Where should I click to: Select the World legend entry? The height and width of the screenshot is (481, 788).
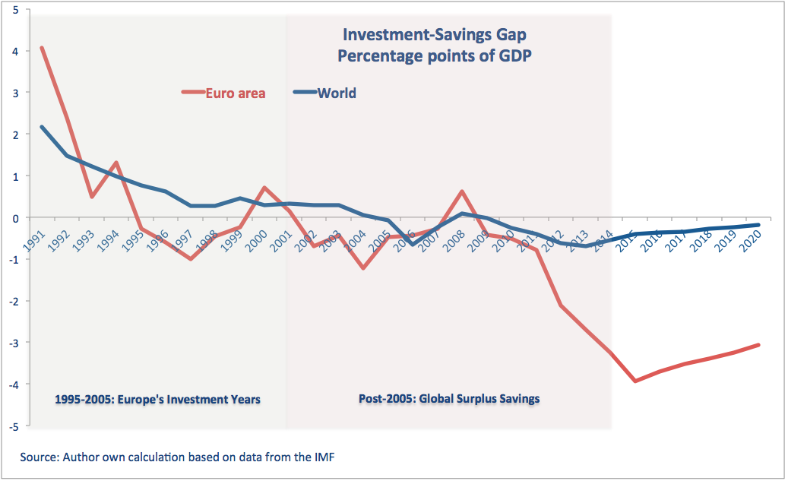pyautogui.click(x=337, y=93)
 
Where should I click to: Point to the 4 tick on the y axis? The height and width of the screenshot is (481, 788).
pyautogui.click(x=17, y=51)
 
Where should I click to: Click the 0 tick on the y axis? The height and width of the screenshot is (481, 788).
pyautogui.click(x=17, y=217)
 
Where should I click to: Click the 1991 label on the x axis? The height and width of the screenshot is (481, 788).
pyautogui.click(x=34, y=237)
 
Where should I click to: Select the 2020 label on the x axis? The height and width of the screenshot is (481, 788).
pyautogui.click(x=750, y=237)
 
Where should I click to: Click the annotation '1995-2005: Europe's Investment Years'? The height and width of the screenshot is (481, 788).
pyautogui.click(x=158, y=398)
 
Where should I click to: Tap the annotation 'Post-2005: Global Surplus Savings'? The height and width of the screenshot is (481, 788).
pyautogui.click(x=448, y=398)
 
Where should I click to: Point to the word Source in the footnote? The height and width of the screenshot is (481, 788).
pyautogui.click(x=40, y=457)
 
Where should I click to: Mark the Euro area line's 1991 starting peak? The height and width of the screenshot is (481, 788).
pyautogui.click(x=42, y=48)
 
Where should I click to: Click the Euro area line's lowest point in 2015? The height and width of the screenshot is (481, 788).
pyautogui.click(x=635, y=381)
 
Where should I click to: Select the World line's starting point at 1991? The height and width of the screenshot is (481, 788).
pyautogui.click(x=42, y=127)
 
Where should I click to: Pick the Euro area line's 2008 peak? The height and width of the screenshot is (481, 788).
pyautogui.click(x=462, y=191)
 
